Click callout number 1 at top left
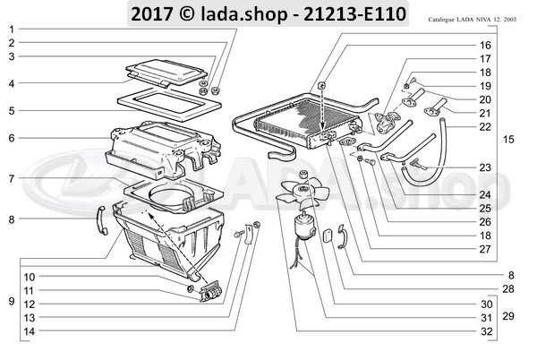pos(12,30)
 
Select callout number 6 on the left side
pos(12,138)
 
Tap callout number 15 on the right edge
pos(508,141)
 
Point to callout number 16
pos(485,45)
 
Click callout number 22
pos(485,126)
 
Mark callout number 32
pos(484,332)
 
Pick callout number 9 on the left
pos(10,301)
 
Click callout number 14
pos(29,331)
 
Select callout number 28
pos(484,288)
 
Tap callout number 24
pos(485,193)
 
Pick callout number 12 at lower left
pos(29,304)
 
